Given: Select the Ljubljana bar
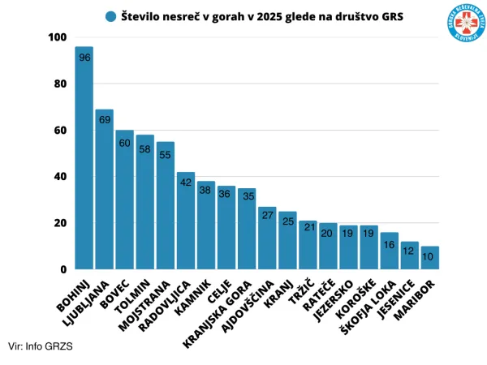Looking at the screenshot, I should point(105,191).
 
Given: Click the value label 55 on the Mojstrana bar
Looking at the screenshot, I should point(166,155).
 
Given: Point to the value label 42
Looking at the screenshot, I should point(186,183).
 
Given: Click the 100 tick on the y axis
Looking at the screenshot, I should point(58,38).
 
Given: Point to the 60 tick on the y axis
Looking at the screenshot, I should point(60,131).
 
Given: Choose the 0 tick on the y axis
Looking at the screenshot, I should point(62,269).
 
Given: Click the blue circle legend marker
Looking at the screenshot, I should point(110,16).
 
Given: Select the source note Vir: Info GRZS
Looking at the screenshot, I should point(41,346).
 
